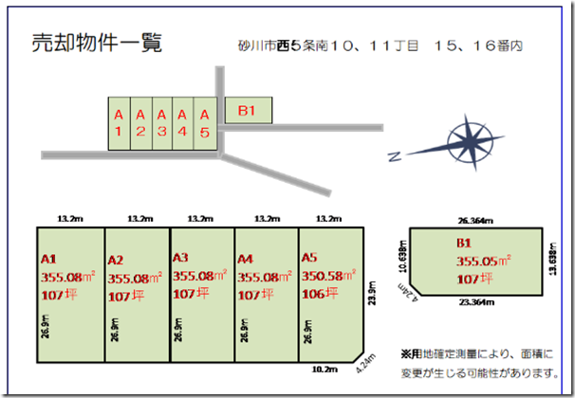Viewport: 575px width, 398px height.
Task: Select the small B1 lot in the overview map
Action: [248, 111]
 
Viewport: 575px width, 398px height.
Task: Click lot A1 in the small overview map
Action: [119, 122]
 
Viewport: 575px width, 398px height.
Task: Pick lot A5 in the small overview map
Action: [204, 122]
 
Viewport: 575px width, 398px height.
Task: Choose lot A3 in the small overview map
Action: [161, 122]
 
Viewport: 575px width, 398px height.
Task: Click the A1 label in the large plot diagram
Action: [50, 258]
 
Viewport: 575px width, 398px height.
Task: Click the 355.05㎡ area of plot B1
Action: [483, 262]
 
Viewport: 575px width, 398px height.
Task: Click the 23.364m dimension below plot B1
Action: [476, 303]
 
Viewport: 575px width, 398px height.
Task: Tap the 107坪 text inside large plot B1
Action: [473, 280]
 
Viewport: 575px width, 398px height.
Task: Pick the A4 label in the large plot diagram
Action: [247, 258]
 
